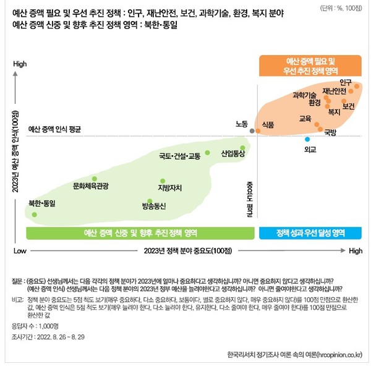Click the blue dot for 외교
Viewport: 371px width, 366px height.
tap(307, 140)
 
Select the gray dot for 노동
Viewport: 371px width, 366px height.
tap(251, 131)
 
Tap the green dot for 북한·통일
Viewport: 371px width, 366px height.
tap(35, 214)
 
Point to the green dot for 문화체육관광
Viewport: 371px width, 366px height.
tap(94, 178)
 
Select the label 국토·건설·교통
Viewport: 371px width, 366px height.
tap(179, 156)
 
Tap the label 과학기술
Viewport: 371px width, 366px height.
tap(305, 95)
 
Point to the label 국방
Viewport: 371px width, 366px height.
tap(331, 132)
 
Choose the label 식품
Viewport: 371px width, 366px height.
tap(268, 124)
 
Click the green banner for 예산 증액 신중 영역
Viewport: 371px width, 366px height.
tap(140, 233)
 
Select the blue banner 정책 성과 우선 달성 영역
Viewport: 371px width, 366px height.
tap(310, 233)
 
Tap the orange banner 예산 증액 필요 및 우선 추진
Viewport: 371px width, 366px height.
tap(310, 66)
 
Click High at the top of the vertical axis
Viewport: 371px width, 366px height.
tap(20, 64)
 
